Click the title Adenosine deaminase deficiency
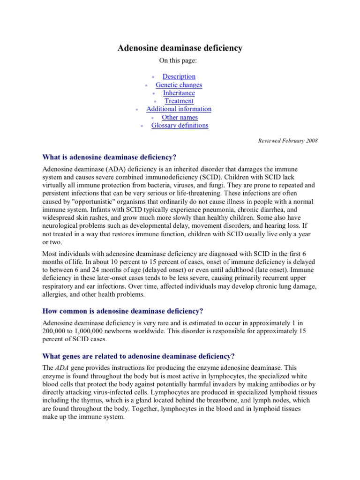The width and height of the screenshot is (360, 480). [180, 48]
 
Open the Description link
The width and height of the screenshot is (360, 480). [179, 76]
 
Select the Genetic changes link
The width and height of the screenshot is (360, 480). [179, 85]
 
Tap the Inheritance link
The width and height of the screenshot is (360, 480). [179, 93]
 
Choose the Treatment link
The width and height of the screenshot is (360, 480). [179, 101]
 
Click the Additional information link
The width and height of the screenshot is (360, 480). [179, 109]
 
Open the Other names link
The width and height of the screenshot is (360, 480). [180, 117]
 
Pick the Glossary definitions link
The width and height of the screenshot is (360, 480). [180, 126]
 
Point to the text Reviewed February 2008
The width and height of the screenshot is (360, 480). [288, 141]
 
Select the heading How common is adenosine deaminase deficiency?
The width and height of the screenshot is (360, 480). [123, 311]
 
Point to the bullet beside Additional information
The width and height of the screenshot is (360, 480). [136, 110]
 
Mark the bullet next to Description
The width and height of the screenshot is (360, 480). [153, 77]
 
